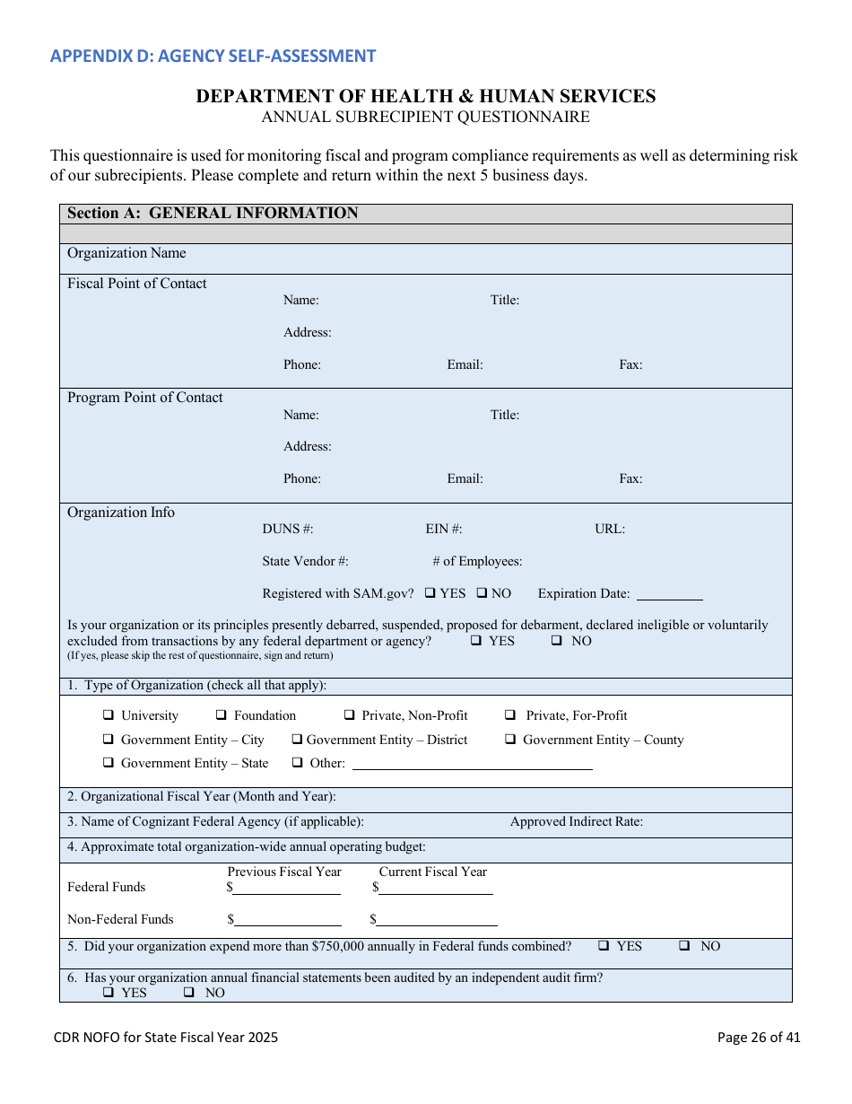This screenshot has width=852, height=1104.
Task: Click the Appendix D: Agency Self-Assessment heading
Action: click(x=213, y=56)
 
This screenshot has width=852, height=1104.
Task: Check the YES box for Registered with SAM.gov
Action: click(x=430, y=593)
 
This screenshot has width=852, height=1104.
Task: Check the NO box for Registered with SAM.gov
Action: click(x=482, y=593)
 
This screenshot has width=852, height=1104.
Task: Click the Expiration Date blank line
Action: click(x=669, y=595)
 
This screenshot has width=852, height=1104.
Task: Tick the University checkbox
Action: click(x=108, y=715)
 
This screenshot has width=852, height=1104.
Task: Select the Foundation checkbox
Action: click(x=221, y=715)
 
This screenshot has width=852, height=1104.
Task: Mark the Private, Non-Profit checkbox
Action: click(x=350, y=715)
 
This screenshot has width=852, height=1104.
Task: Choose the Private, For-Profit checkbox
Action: click(x=509, y=715)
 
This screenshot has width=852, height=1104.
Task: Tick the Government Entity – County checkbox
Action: click(x=509, y=740)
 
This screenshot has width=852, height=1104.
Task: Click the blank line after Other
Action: click(x=472, y=765)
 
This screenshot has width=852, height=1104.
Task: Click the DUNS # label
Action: click(x=288, y=529)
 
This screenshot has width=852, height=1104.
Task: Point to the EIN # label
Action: click(x=444, y=529)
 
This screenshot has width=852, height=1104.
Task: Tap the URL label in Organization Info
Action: click(x=610, y=529)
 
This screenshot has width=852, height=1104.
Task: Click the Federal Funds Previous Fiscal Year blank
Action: click(x=286, y=889)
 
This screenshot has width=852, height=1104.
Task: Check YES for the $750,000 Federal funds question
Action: click(x=604, y=946)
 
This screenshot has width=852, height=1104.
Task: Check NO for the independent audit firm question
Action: click(x=189, y=993)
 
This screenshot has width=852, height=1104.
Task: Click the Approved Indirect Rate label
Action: click(x=576, y=821)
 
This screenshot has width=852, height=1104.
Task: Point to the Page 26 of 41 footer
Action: click(x=759, y=1038)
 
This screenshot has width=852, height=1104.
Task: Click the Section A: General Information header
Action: click(x=213, y=213)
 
